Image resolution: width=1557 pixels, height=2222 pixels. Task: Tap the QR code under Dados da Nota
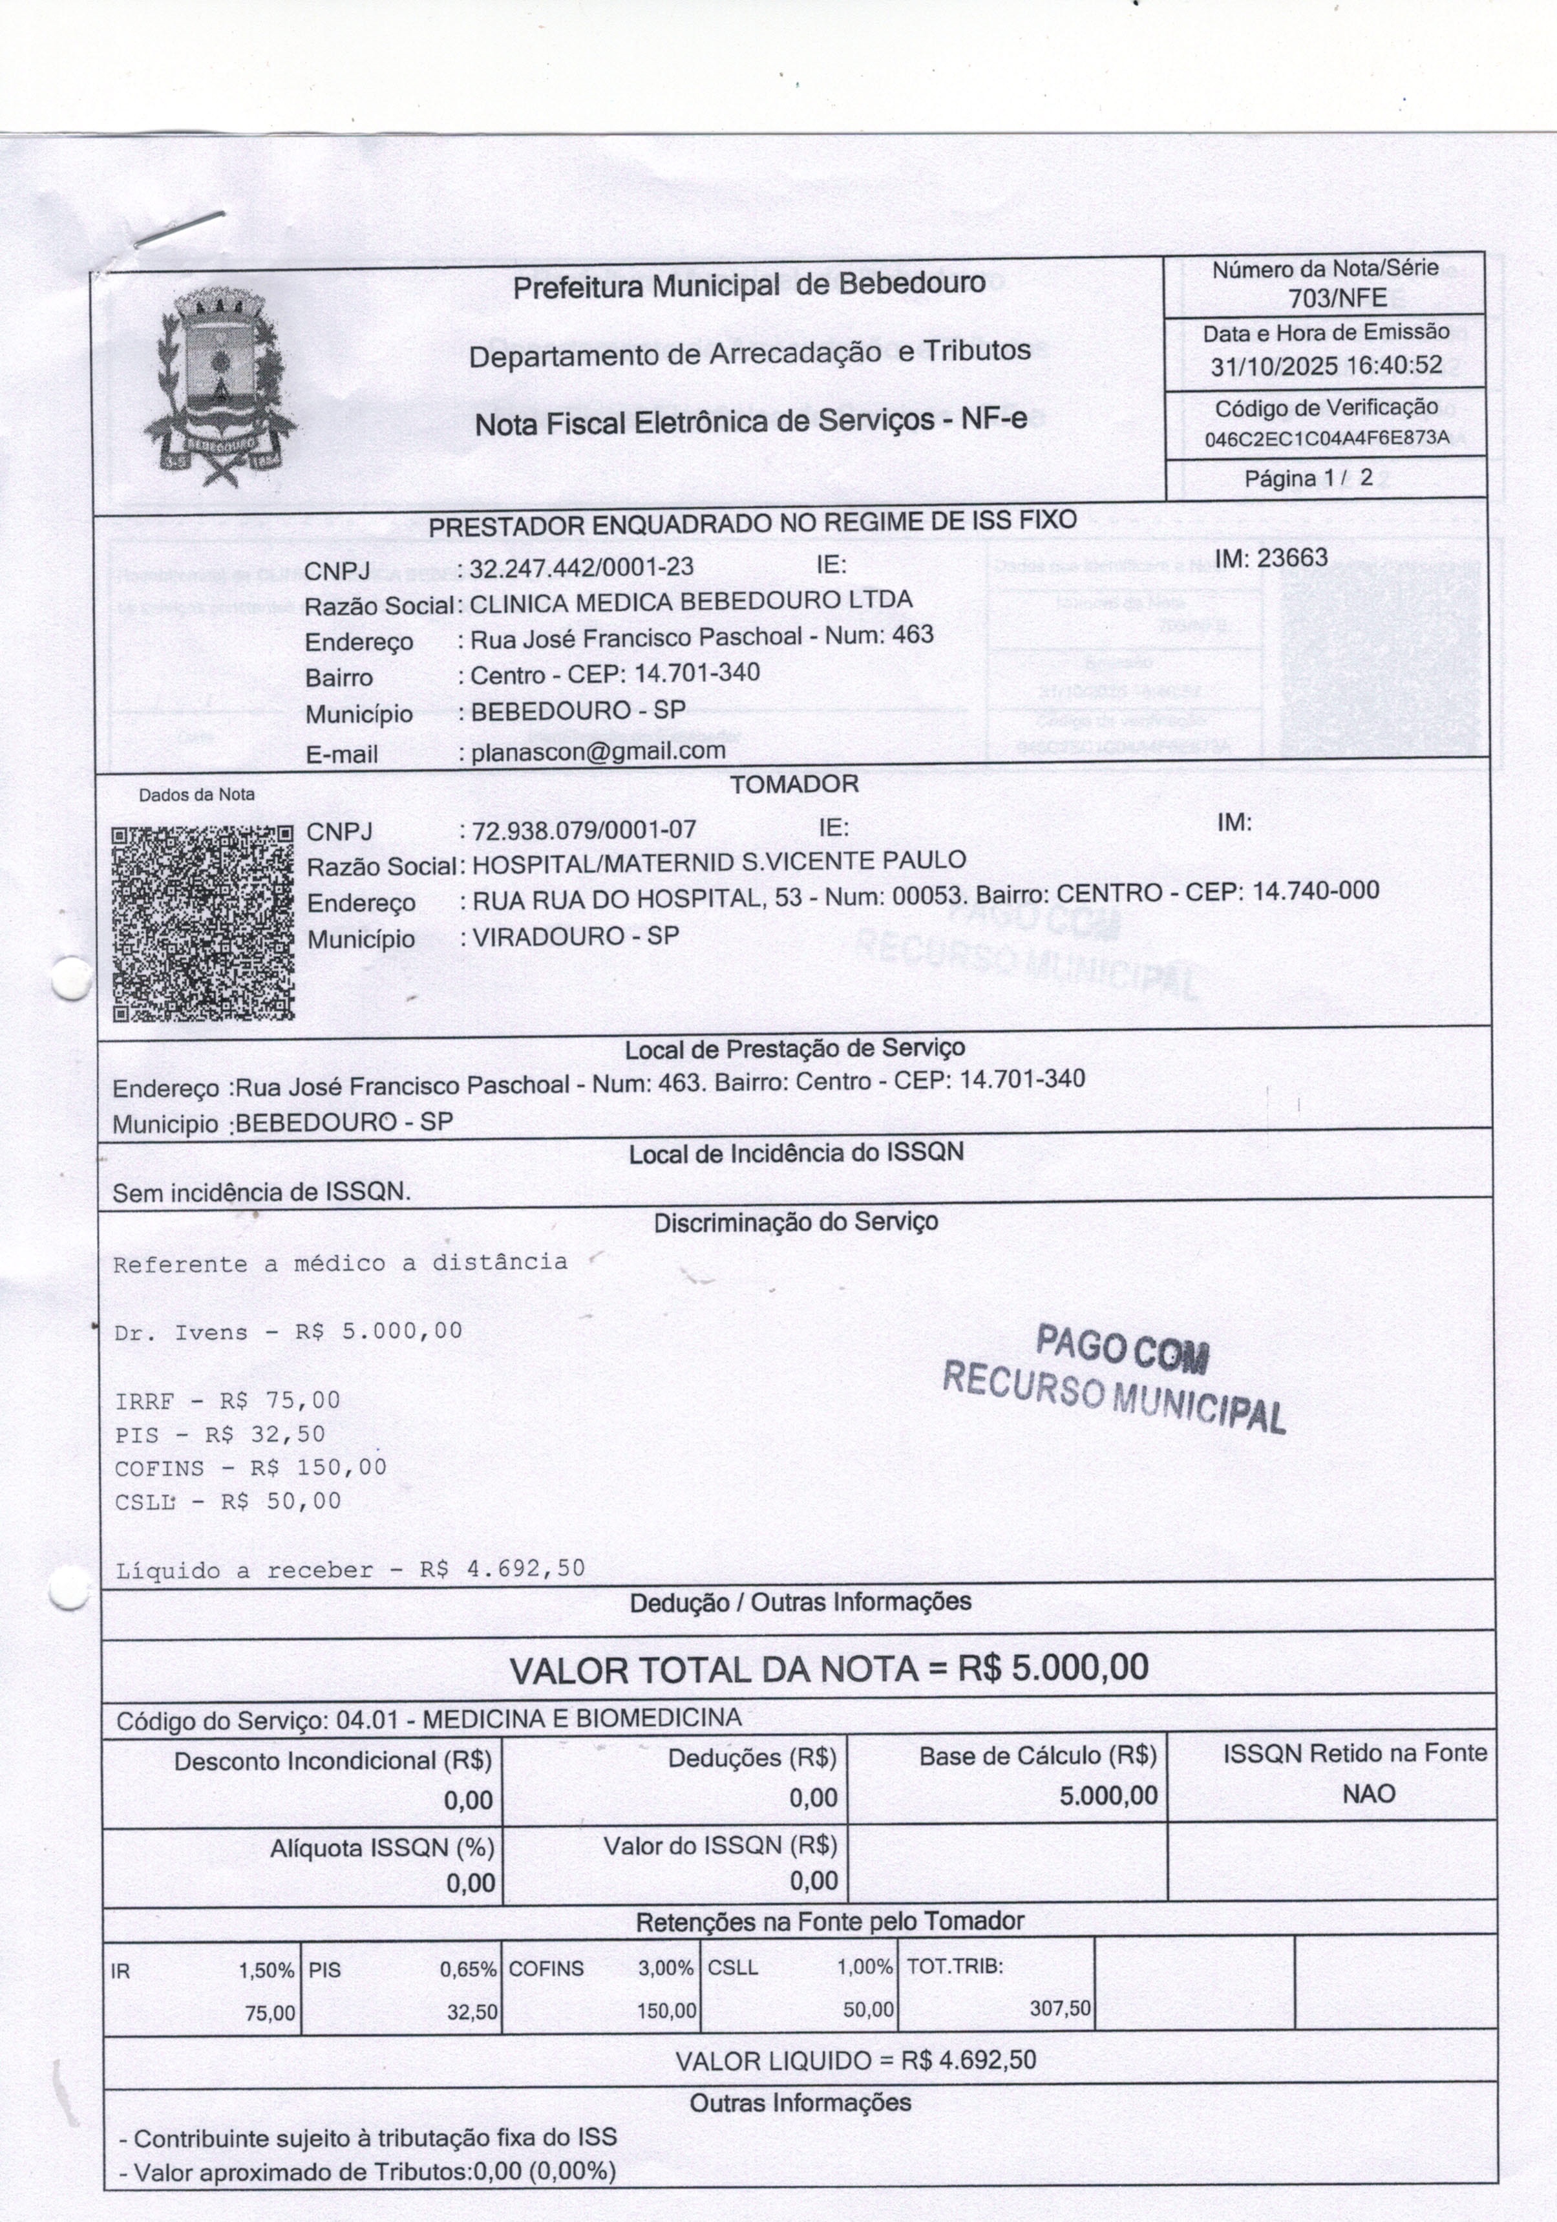pos(202,924)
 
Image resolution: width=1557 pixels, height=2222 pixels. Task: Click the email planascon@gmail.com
pos(597,752)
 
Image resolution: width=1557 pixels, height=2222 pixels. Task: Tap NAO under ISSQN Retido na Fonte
pos(1368,1793)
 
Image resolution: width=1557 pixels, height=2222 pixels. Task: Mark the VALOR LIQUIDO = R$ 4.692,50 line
pos(856,2060)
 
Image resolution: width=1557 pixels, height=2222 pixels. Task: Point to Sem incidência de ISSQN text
pos(261,1192)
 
